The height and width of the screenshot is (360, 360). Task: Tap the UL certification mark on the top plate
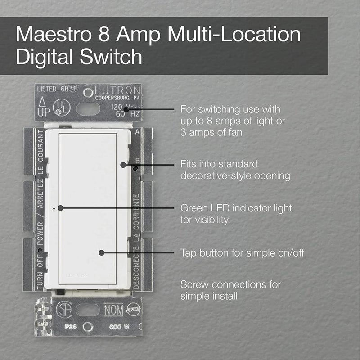tap(58, 108)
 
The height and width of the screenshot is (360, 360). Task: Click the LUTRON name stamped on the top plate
tap(118, 90)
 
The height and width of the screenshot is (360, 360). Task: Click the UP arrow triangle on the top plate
tap(42, 102)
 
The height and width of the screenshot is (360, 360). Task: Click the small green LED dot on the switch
tap(54, 208)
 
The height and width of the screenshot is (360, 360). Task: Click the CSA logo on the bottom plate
tap(64, 310)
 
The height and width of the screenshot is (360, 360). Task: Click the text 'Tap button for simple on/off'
tap(242, 253)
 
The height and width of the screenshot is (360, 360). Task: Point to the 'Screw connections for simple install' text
tap(230, 290)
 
